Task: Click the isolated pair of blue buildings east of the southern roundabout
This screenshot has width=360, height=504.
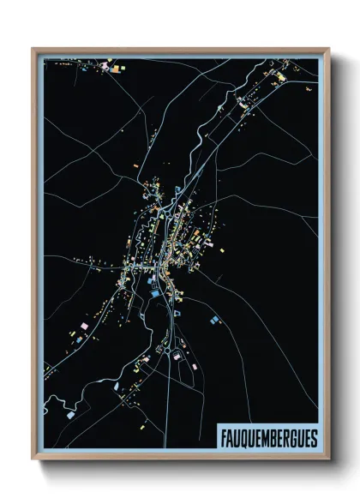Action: tap(212, 321)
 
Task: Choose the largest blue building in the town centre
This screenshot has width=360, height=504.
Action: tap(154, 293)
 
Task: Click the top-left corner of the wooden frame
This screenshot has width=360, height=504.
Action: tap(33, 50)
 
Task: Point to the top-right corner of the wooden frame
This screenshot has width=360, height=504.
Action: tap(328, 50)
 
